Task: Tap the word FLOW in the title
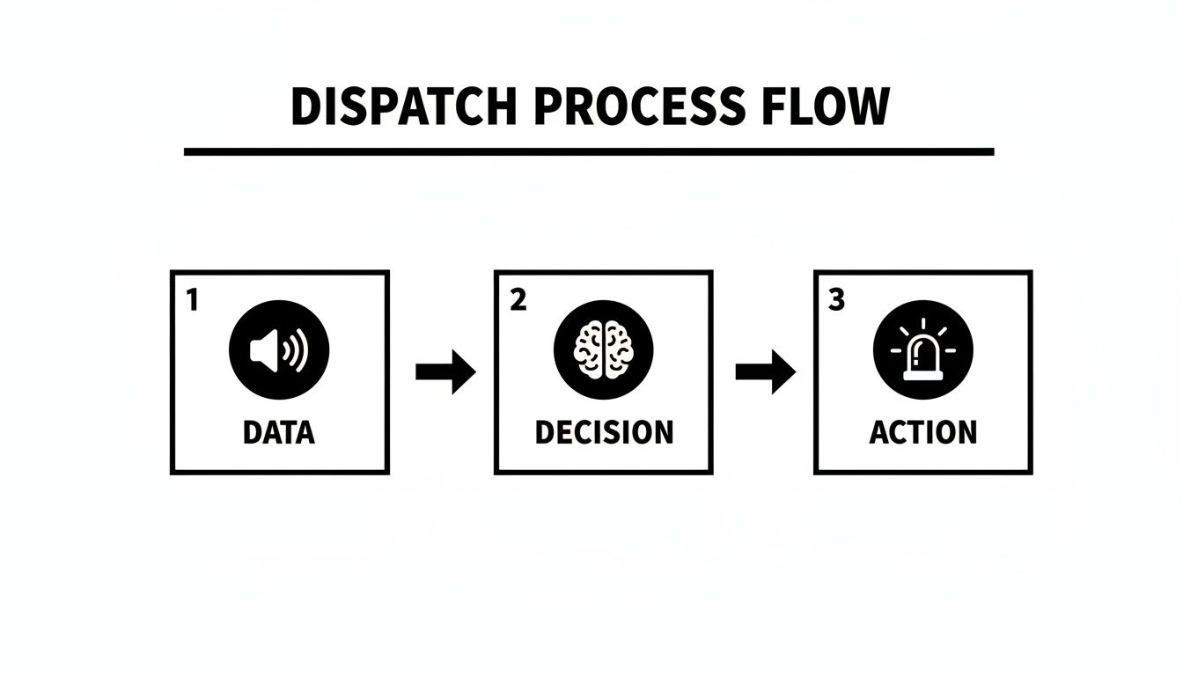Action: (822, 107)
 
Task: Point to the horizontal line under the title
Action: (588, 151)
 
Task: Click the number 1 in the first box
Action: (192, 300)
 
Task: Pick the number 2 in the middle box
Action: (518, 300)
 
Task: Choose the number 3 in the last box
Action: (836, 300)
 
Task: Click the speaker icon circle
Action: (278, 350)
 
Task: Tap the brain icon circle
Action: (603, 350)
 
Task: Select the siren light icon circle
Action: (923, 350)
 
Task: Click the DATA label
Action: (278, 432)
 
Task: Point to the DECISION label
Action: (603, 432)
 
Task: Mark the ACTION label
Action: (922, 432)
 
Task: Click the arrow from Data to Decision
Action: (445, 372)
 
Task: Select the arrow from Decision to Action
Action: (765, 372)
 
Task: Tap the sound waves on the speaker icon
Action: (297, 351)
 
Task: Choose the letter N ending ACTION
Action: (966, 432)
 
